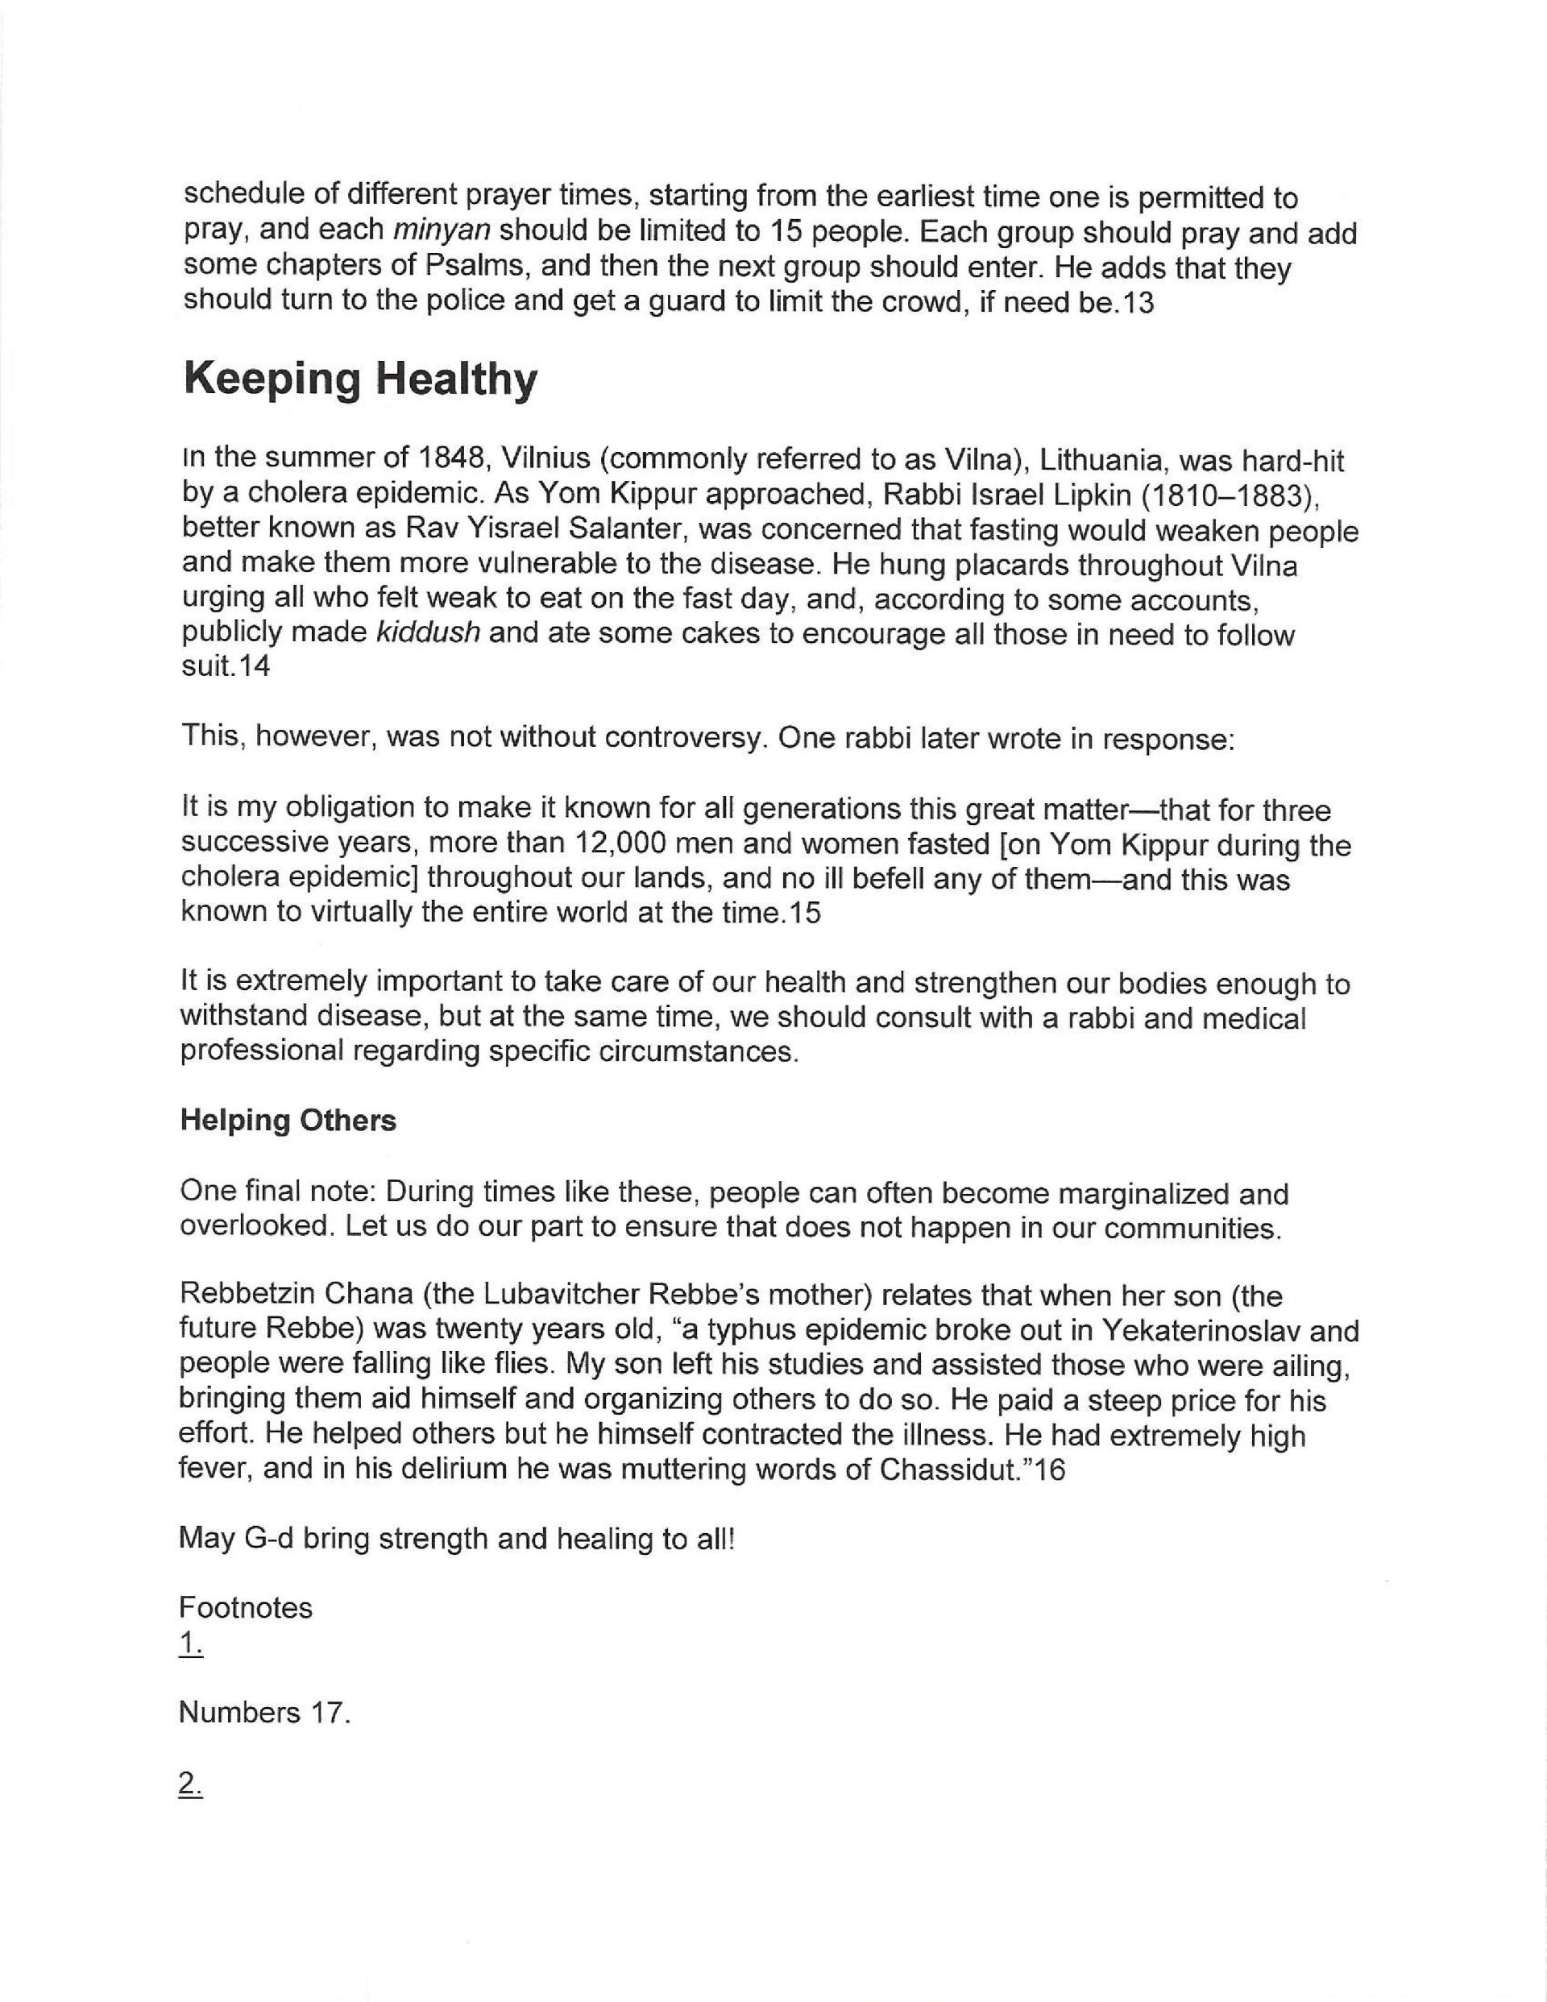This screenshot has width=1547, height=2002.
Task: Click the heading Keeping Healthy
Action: pyautogui.click(x=359, y=379)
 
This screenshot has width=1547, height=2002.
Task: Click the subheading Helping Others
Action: pyautogui.click(x=288, y=1120)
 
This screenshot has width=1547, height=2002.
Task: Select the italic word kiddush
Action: pyautogui.click(x=428, y=634)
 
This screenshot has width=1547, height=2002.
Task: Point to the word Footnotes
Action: pyautogui.click(x=246, y=1608)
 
